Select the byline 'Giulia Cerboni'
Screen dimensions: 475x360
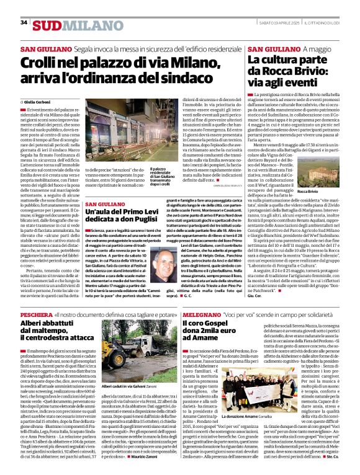39,100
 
